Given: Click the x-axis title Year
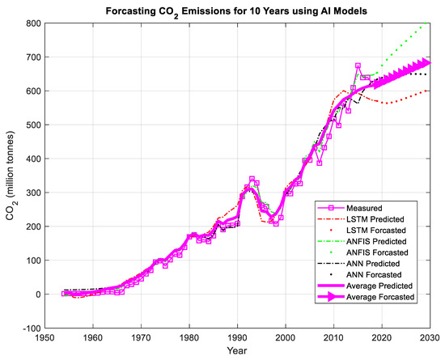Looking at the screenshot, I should [x=236, y=352].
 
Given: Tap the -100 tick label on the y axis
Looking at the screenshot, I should [x=32, y=328].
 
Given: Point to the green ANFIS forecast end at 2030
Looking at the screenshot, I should [x=428, y=23].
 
